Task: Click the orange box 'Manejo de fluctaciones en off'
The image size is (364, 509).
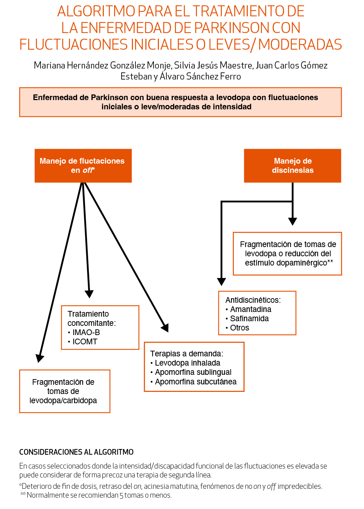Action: click(x=83, y=166)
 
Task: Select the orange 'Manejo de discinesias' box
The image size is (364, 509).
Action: click(x=293, y=166)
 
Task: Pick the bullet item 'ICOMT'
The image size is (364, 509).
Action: click(x=85, y=342)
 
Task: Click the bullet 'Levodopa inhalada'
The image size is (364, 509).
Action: click(x=187, y=363)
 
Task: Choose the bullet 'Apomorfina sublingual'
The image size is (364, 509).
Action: click(x=193, y=372)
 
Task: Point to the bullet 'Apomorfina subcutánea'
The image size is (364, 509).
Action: click(x=196, y=382)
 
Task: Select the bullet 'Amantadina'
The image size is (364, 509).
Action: click(x=251, y=310)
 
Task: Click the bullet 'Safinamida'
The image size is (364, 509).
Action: click(x=249, y=319)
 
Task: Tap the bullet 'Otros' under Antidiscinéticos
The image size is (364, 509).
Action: click(x=240, y=328)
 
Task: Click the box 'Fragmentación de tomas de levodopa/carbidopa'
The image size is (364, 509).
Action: click(x=64, y=391)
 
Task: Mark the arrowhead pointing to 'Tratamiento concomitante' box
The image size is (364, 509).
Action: click(x=89, y=294)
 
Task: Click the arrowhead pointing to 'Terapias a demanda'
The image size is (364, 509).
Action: click(x=165, y=327)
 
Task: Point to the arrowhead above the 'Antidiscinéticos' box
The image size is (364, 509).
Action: click(x=221, y=281)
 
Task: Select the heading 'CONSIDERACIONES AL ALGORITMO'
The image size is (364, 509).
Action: click(x=76, y=452)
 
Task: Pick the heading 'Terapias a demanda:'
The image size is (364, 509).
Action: click(x=187, y=354)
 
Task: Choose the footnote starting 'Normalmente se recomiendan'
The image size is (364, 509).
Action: click(x=99, y=495)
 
